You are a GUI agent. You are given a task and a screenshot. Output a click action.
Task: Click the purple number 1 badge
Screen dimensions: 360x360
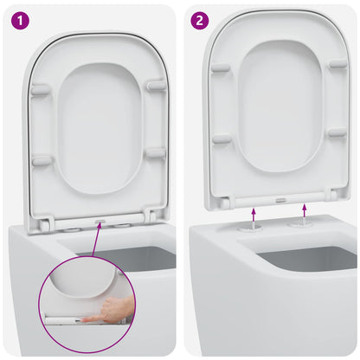pyautogui.click(x=18, y=18)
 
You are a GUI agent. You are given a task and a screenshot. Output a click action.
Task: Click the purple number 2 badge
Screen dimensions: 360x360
pyautogui.click(x=200, y=18)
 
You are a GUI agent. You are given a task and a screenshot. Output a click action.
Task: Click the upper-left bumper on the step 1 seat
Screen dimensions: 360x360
pyautogui.click(x=40, y=88)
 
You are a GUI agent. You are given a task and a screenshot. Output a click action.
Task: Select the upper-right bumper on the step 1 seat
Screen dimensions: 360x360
pyautogui.click(x=156, y=85)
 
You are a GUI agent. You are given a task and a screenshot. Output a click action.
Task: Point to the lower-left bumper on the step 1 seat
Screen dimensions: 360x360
pyautogui.click(x=42, y=160)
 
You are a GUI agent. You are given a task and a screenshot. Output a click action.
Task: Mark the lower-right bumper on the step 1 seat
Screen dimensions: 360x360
pyautogui.click(x=156, y=154)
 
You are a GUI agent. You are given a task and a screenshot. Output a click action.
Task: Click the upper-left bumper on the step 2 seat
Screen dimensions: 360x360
pyautogui.click(x=221, y=67)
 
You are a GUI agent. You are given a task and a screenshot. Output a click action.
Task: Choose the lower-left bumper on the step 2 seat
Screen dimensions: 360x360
pyautogui.click(x=222, y=138)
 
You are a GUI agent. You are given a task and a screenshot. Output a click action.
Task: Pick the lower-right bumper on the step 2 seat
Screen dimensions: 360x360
pyautogui.click(x=337, y=132)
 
